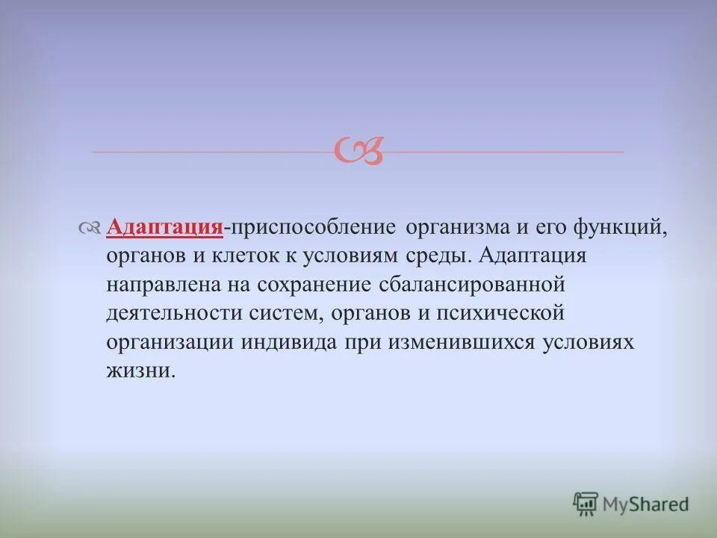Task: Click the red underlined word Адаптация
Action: (x=165, y=227)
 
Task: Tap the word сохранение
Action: (x=314, y=285)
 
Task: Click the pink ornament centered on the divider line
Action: (x=359, y=150)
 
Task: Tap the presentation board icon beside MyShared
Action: (x=586, y=504)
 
